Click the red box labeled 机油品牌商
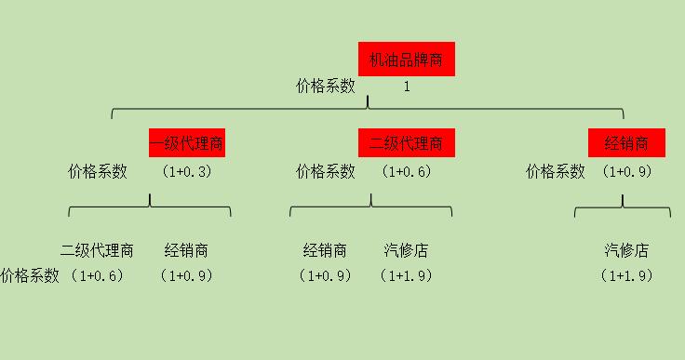click(x=406, y=59)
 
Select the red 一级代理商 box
click(x=187, y=143)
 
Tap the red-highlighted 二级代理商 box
click(x=406, y=143)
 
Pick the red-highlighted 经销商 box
click(x=626, y=143)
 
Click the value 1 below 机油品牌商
click(x=407, y=87)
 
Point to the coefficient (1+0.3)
click(x=186, y=171)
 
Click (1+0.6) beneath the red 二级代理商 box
click(x=406, y=171)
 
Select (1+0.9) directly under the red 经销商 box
click(x=626, y=171)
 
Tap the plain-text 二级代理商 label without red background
click(x=97, y=250)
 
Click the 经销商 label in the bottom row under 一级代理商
click(x=186, y=250)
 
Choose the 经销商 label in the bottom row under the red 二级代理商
click(x=325, y=250)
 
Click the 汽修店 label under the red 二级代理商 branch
click(x=407, y=250)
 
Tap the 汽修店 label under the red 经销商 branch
click(x=626, y=250)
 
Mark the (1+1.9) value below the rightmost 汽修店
click(x=626, y=275)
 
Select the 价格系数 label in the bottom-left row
click(x=30, y=275)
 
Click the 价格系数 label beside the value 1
click(x=326, y=87)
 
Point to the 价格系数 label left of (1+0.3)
click(x=98, y=171)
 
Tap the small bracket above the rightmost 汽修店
click(x=622, y=208)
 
